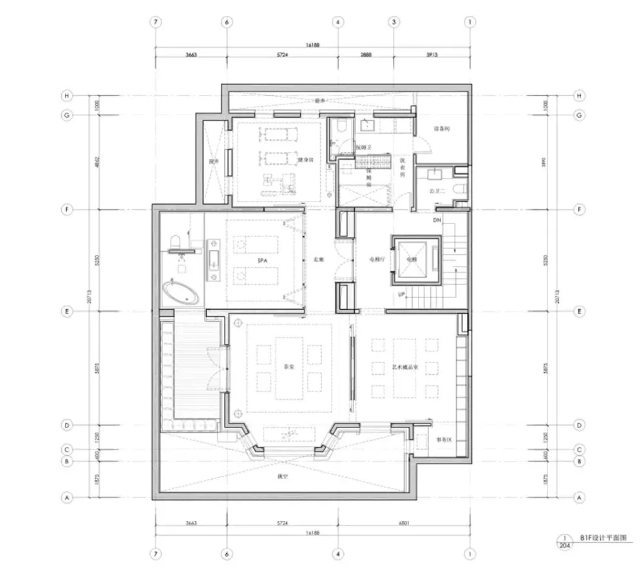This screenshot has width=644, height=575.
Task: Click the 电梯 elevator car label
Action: point(412,259)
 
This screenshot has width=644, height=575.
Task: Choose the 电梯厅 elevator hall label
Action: point(376,259)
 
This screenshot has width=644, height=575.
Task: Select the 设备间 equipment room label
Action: point(441,129)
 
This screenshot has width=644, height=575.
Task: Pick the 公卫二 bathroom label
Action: point(438,191)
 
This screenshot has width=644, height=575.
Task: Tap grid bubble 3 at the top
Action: point(393,22)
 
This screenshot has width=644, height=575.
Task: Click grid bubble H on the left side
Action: point(66,96)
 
